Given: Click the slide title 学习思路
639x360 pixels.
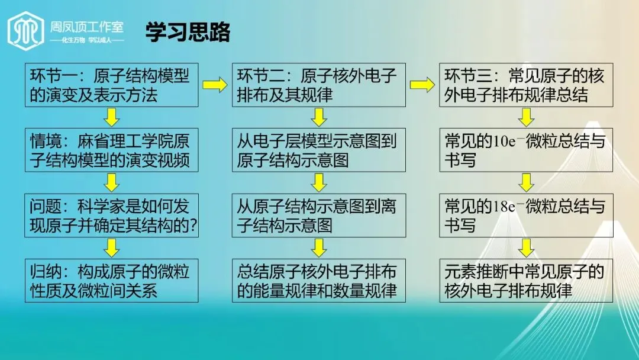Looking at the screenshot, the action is coord(188,33).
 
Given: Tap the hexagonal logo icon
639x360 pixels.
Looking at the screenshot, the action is coord(25,31).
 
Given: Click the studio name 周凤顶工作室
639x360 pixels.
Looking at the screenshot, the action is coord(87,27).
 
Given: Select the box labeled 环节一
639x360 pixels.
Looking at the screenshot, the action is coord(111,85).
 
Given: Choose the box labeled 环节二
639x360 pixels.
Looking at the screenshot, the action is coord(318,85).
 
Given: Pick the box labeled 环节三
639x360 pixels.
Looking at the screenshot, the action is coord(525,85).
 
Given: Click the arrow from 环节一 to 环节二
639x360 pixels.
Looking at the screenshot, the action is coord(215,85).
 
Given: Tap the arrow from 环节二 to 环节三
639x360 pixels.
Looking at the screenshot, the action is coord(422,85).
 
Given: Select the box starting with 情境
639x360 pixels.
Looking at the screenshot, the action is coord(111,150).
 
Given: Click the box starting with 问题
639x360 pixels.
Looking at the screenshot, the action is coord(111,216).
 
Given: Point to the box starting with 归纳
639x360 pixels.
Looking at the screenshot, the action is coord(111,281).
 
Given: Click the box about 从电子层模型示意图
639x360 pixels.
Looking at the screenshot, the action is coord(318,150).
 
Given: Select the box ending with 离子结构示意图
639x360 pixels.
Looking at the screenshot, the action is coord(318,216).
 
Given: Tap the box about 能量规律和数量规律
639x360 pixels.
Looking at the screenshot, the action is coord(318,281).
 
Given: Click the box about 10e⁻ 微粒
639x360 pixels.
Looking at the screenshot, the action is coord(525,150).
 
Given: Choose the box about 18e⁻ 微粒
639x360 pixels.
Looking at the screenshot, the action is coord(525,216).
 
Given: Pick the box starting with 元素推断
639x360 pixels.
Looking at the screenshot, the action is coord(525,281).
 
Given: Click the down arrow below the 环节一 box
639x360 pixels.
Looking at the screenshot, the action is coord(111,117).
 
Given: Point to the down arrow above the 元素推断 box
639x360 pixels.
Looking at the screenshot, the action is coord(526,247).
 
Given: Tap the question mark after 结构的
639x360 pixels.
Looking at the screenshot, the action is coord(192,226).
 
